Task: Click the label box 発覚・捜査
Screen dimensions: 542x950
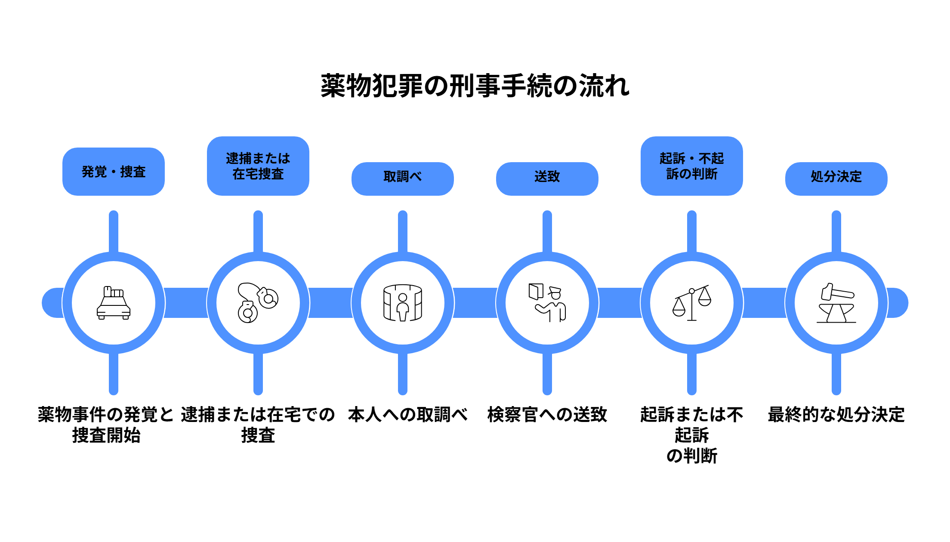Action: [114, 172]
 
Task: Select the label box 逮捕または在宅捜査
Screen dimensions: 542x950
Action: [258, 166]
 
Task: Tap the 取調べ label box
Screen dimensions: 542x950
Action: [403, 179]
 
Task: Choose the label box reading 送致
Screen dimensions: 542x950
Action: [547, 179]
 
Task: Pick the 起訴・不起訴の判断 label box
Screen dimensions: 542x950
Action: [692, 166]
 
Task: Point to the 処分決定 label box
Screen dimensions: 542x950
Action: [836, 179]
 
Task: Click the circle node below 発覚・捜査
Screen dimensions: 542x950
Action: [114, 303]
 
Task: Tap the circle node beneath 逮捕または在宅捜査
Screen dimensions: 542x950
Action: [258, 303]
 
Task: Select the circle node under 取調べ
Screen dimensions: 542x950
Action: [403, 303]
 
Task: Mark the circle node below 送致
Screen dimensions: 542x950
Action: [547, 303]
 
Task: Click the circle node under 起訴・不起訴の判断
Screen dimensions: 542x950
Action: [692, 303]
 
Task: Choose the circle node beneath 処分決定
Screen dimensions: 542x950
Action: [836, 303]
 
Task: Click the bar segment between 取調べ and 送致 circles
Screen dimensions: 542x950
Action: [475, 303]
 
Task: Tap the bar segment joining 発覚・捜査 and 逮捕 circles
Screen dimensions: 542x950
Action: [186, 303]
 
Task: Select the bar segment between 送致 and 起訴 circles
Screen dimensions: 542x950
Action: [620, 303]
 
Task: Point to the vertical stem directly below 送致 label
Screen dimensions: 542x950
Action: [547, 230]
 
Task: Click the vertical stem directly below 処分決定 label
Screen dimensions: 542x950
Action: [836, 230]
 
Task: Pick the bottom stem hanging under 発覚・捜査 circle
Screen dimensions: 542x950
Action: [114, 374]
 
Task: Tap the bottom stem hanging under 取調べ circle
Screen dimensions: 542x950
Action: [403, 374]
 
